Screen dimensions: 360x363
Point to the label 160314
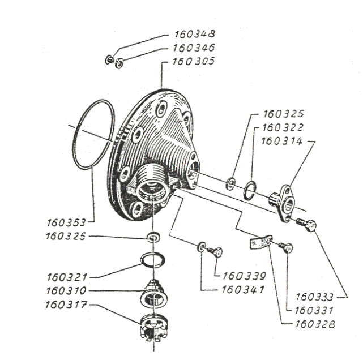[282, 141]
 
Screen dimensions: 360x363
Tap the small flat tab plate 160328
[260, 243]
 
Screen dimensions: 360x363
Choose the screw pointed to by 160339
[214, 251]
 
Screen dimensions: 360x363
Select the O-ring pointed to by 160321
[153, 260]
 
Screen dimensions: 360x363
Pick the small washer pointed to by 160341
[201, 247]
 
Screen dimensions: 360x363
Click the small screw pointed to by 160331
[286, 247]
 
